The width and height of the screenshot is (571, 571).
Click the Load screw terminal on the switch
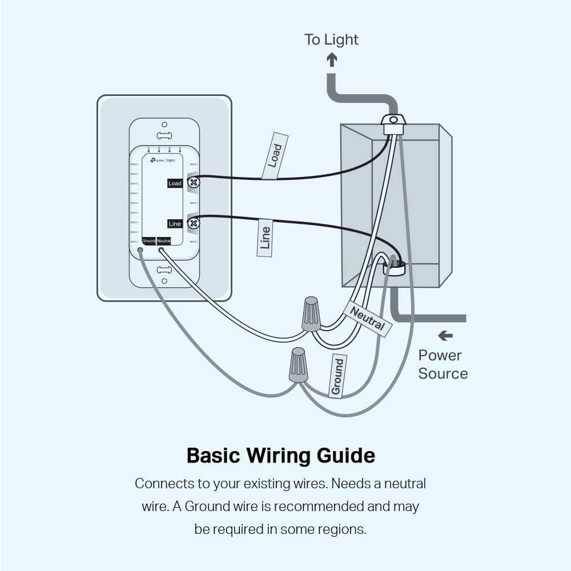(x=194, y=183)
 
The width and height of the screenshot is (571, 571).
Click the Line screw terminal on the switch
(x=194, y=223)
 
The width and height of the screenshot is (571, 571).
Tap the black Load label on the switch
(x=175, y=183)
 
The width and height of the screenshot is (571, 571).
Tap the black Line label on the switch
(x=175, y=224)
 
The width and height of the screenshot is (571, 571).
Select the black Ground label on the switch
(x=148, y=241)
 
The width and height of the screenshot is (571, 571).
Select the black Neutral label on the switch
(x=163, y=241)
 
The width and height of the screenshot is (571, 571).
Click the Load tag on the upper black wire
(x=275, y=156)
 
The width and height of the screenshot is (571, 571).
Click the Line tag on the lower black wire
(x=264, y=238)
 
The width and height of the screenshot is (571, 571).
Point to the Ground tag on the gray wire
(x=337, y=376)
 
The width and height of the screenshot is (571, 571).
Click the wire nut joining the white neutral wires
(x=311, y=313)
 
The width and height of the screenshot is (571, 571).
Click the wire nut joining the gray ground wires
(x=298, y=365)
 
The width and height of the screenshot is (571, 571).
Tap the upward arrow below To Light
(x=331, y=59)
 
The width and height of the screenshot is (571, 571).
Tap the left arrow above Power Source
(x=445, y=336)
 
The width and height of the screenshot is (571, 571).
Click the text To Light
(x=331, y=39)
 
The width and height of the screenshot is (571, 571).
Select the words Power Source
(x=443, y=364)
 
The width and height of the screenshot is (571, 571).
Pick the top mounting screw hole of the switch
(x=164, y=124)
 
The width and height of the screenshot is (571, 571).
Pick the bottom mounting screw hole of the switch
(x=164, y=280)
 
